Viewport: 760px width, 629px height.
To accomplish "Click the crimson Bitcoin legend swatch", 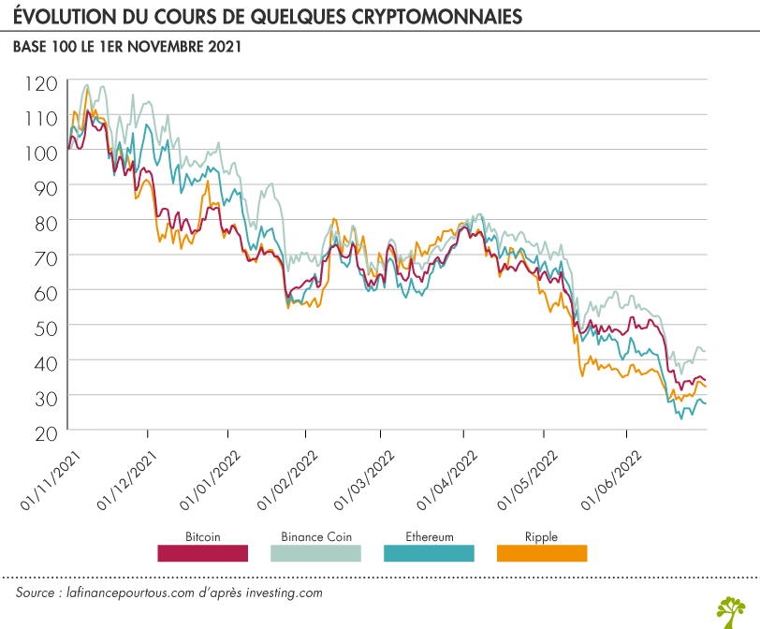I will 202,553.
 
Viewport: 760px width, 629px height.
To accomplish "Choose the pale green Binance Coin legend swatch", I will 315,553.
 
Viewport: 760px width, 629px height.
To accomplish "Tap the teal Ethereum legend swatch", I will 429,553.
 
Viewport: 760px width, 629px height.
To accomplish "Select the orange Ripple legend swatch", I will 541,553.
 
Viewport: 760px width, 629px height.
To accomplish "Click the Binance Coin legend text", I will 315,537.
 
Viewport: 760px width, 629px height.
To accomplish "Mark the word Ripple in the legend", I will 541,537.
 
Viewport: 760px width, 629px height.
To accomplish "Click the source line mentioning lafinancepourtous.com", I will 169,593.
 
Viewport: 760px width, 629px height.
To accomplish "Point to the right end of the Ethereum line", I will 705,403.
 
